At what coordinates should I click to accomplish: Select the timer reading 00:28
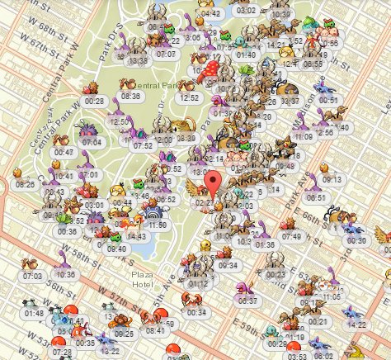(x=94, y=101)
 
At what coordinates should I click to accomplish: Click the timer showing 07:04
(x=92, y=142)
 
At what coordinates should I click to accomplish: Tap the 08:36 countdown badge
(x=131, y=96)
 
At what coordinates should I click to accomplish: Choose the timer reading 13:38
(x=139, y=60)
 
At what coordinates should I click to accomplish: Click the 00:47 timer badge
(x=64, y=153)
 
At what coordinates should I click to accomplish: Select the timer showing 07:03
(x=34, y=276)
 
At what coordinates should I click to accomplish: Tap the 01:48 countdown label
(x=35, y=314)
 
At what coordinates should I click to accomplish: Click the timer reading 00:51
(x=329, y=99)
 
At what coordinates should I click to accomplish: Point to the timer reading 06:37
(x=247, y=301)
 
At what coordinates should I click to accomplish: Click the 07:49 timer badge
(x=292, y=236)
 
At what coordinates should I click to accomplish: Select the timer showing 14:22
(x=357, y=324)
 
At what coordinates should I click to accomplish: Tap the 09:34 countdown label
(x=228, y=265)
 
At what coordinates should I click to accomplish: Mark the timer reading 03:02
(x=245, y=11)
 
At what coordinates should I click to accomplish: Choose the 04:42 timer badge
(x=210, y=14)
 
